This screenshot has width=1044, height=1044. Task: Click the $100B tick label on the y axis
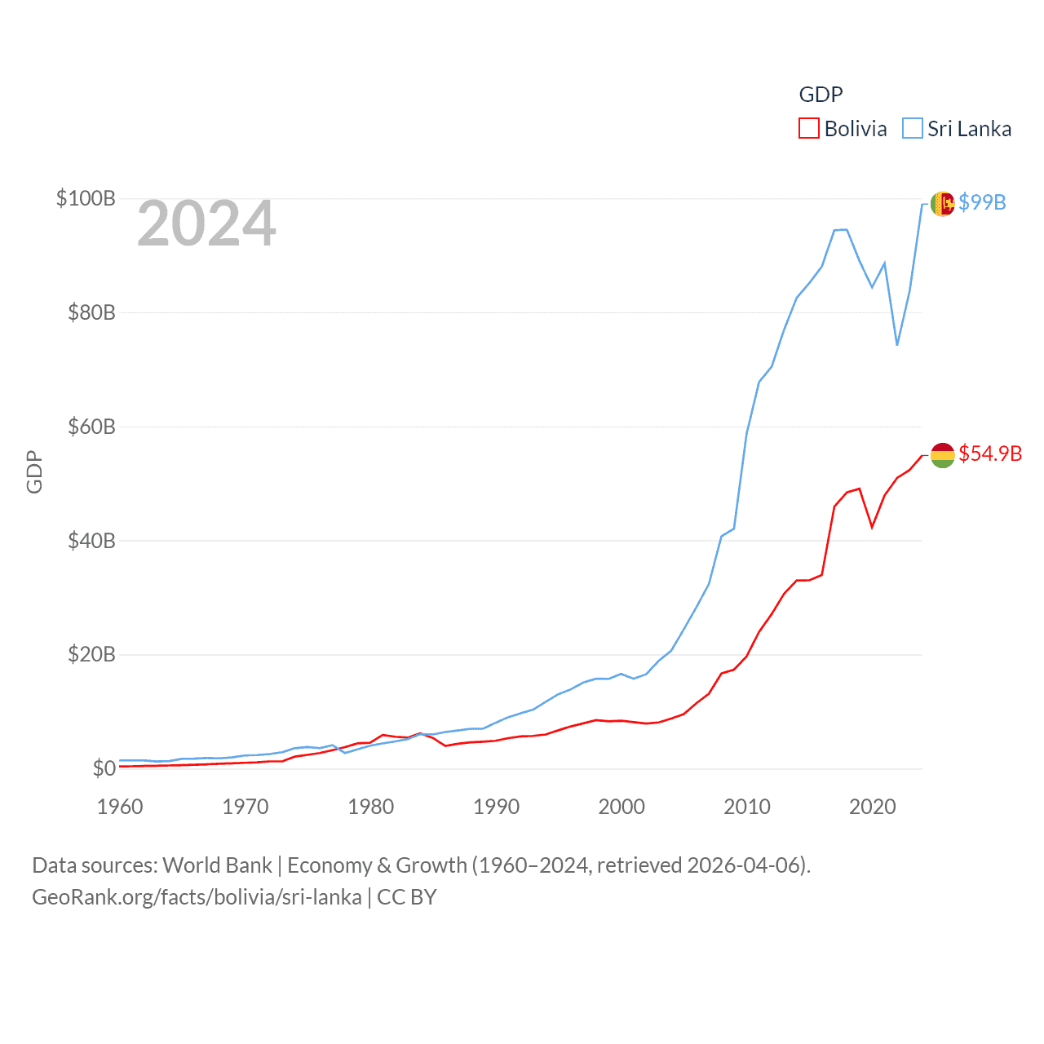pyautogui.click(x=86, y=198)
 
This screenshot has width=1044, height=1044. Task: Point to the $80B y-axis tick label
pyautogui.click(x=91, y=312)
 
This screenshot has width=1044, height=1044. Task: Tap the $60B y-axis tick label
pyautogui.click(x=91, y=427)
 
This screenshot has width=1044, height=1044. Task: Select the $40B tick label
pyautogui.click(x=91, y=541)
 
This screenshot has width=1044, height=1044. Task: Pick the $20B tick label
pyautogui.click(x=91, y=654)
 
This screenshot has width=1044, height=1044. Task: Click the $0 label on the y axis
pyautogui.click(x=104, y=768)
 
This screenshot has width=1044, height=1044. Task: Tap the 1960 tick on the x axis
pyautogui.click(x=120, y=807)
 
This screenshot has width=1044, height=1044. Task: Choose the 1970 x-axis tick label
pyautogui.click(x=246, y=807)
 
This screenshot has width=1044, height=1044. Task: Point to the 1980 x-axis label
pyautogui.click(x=371, y=807)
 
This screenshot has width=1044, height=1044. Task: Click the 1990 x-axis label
pyautogui.click(x=496, y=807)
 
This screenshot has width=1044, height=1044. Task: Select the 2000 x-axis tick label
pyautogui.click(x=622, y=807)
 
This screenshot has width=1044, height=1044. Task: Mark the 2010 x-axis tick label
pyautogui.click(x=747, y=807)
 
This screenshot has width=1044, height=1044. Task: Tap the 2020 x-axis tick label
pyautogui.click(x=873, y=807)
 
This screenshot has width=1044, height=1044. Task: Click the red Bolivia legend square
pyautogui.click(x=808, y=129)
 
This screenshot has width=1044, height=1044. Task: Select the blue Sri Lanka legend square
pyautogui.click(x=912, y=129)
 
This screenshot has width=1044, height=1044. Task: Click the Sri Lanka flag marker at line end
pyautogui.click(x=942, y=204)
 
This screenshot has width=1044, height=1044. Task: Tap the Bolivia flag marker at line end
pyautogui.click(x=942, y=455)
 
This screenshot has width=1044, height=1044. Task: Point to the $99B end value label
pyautogui.click(x=982, y=202)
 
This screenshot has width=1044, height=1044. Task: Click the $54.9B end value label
pyautogui.click(x=990, y=453)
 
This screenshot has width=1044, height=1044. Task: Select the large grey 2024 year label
pyautogui.click(x=206, y=223)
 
